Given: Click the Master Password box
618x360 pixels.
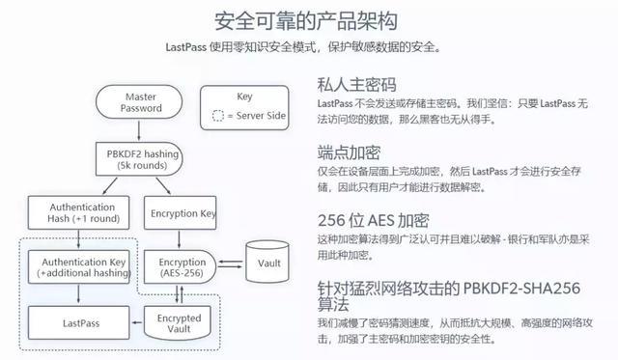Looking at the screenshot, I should pos(141,103).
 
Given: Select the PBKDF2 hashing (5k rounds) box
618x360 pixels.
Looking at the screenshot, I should pos(141,159).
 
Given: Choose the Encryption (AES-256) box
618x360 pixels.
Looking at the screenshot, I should pos(183,267).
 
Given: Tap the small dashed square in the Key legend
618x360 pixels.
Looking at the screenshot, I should pos(218,117).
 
